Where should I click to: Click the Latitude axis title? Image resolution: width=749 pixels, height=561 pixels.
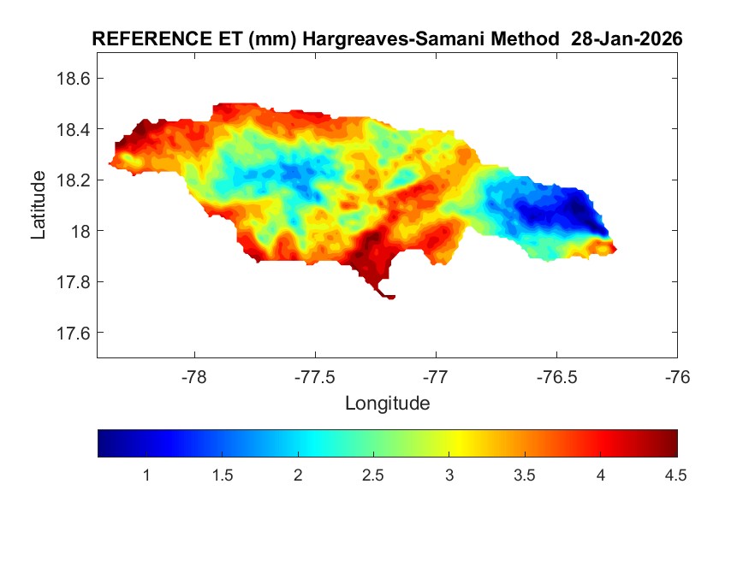(x=39, y=204)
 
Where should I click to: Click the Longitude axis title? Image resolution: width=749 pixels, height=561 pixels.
(x=387, y=403)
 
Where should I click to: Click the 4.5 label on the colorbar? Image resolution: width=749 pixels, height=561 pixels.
(x=675, y=476)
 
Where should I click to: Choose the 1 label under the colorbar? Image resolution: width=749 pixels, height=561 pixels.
(x=146, y=476)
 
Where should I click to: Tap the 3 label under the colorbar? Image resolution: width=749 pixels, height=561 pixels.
(x=449, y=476)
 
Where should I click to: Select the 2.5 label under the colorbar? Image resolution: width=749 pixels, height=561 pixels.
(x=373, y=476)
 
